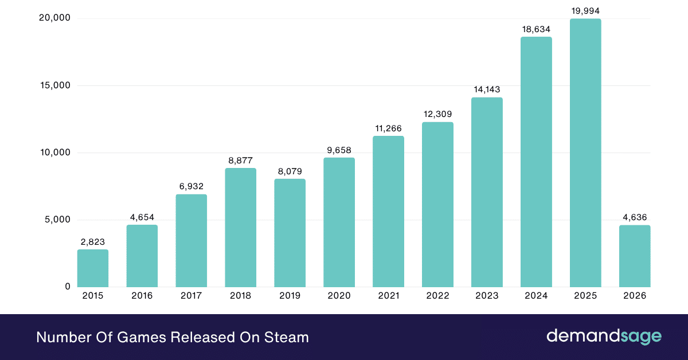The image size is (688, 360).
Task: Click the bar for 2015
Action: [93, 268]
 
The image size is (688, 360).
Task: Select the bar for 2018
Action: [240, 227]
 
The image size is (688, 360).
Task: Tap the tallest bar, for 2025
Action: [585, 152]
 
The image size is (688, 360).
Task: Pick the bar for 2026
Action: [635, 256]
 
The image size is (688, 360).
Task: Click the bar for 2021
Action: [388, 211]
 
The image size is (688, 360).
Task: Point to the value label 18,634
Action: [536, 29]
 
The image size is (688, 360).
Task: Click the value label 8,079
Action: [290, 171]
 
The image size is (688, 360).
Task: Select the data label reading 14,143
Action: [487, 89]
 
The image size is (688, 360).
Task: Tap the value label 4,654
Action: [142, 217]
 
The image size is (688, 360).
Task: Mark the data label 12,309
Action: [437, 114]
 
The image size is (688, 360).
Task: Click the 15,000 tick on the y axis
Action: [54, 85]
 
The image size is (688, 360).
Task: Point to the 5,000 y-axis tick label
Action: [57, 220]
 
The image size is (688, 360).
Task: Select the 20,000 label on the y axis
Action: [54, 18]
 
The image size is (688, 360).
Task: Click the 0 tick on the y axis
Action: [68, 287]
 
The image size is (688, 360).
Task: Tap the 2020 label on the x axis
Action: [339, 296]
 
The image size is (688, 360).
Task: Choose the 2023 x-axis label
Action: [487, 296]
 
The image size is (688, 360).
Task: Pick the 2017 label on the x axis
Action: [191, 296]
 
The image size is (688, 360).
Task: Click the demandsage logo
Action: [604, 336]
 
